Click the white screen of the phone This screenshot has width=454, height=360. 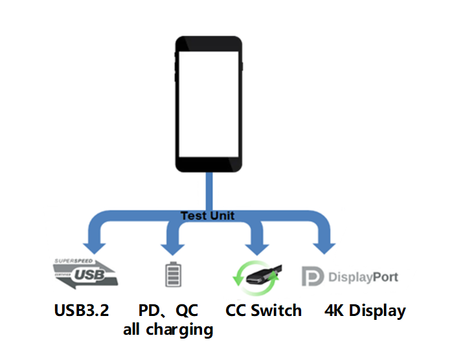(209, 104)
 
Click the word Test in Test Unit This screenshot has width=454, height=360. (193, 216)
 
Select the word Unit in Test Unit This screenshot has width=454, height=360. (222, 216)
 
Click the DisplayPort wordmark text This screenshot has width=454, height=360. (363, 277)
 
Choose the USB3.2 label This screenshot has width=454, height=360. (82, 310)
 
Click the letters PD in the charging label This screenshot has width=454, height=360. (150, 310)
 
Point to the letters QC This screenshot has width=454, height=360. (185, 310)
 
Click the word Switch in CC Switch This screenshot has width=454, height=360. (276, 310)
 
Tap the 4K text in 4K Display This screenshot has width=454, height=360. (335, 310)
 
